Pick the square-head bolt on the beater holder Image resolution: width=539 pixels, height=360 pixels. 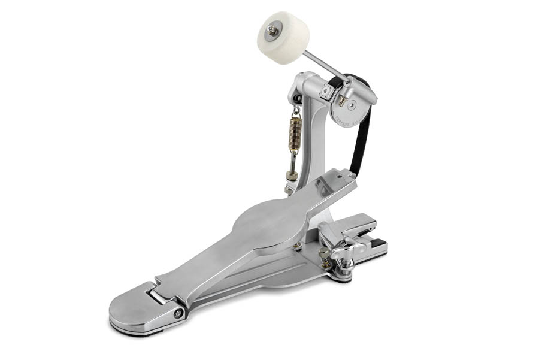pyautogui.click(x=326, y=91)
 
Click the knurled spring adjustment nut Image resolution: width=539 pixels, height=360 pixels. pyautogui.click(x=292, y=176)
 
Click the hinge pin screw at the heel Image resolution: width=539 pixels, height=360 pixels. pyautogui.click(x=178, y=313)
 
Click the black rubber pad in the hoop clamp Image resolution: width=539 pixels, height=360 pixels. pyautogui.click(x=378, y=243)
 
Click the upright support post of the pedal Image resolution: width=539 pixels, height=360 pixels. pyautogui.click(x=314, y=138)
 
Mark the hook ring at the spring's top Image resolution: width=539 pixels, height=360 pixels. pyautogui.click(x=296, y=111)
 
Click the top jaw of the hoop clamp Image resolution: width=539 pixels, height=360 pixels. pyautogui.click(x=356, y=225)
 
